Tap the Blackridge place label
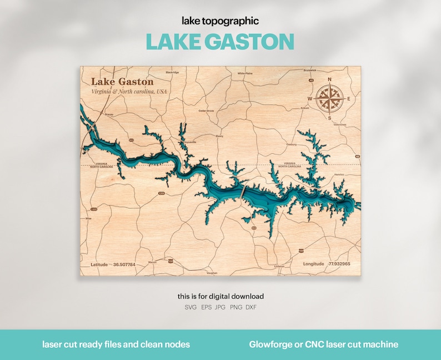tap(172, 72)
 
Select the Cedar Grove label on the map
tap(206, 111)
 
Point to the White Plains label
tap(245, 73)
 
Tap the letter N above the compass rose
tap(330, 80)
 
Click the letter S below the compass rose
tap(330, 118)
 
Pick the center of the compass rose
tap(330, 99)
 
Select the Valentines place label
tap(339, 125)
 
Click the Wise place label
tap(88, 219)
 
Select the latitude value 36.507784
tap(124, 264)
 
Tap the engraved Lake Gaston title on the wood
tap(122, 82)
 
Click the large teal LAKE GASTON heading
tap(220, 42)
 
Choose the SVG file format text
tap(190, 307)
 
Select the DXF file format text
tap(250, 307)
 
